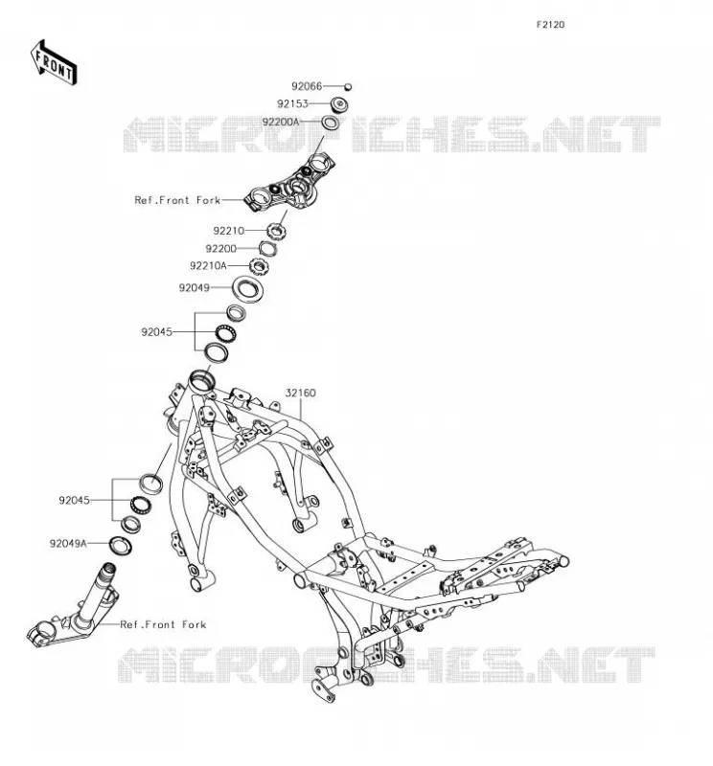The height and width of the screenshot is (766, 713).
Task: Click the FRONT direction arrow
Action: click(x=54, y=63)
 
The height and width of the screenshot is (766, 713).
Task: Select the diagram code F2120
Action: click(x=550, y=25)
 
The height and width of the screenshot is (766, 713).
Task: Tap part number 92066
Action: click(x=307, y=86)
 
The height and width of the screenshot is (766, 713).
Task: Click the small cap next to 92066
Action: click(x=348, y=87)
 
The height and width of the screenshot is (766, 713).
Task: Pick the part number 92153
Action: click(x=292, y=104)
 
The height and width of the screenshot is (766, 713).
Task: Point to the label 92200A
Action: click(x=280, y=122)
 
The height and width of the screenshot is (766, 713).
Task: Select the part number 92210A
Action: click(x=208, y=266)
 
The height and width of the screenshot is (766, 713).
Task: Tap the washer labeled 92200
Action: click(x=267, y=249)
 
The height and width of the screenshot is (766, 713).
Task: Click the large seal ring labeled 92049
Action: click(x=247, y=289)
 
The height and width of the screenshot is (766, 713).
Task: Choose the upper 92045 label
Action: click(x=156, y=332)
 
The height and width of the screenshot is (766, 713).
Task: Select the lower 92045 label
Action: click(x=74, y=500)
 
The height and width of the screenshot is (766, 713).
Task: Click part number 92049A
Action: click(x=68, y=543)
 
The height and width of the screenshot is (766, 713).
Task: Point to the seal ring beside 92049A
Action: click(x=121, y=546)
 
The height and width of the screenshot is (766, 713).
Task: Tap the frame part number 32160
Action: click(x=300, y=393)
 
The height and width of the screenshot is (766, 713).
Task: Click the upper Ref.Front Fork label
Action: click(x=177, y=200)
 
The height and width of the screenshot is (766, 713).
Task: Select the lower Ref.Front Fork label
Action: click(x=163, y=624)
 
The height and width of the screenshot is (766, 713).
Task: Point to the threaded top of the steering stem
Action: click(x=107, y=569)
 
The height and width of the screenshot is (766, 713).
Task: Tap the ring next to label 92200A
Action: click(x=330, y=123)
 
